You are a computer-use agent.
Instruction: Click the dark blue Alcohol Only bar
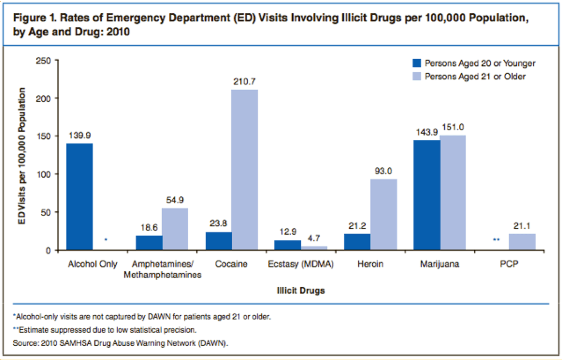(80, 197)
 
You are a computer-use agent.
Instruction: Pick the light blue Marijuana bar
(453, 192)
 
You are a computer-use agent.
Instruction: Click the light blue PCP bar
(522, 242)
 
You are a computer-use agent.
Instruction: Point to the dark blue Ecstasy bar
(288, 245)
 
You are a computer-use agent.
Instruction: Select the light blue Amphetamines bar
(175, 229)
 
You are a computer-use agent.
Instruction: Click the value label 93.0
(383, 171)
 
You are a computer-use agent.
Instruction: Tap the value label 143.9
(427, 132)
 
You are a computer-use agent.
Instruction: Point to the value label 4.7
(314, 238)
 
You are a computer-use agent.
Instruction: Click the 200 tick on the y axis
(46, 98)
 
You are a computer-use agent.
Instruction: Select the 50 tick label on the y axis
(48, 212)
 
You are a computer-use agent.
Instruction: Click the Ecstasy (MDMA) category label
(301, 264)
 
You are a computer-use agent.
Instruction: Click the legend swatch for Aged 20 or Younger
(417, 63)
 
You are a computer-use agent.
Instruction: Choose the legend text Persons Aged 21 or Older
(475, 76)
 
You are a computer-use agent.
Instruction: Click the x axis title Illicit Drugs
(301, 291)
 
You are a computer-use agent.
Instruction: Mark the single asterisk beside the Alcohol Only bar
(106, 240)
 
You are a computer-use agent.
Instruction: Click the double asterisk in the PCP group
(496, 240)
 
